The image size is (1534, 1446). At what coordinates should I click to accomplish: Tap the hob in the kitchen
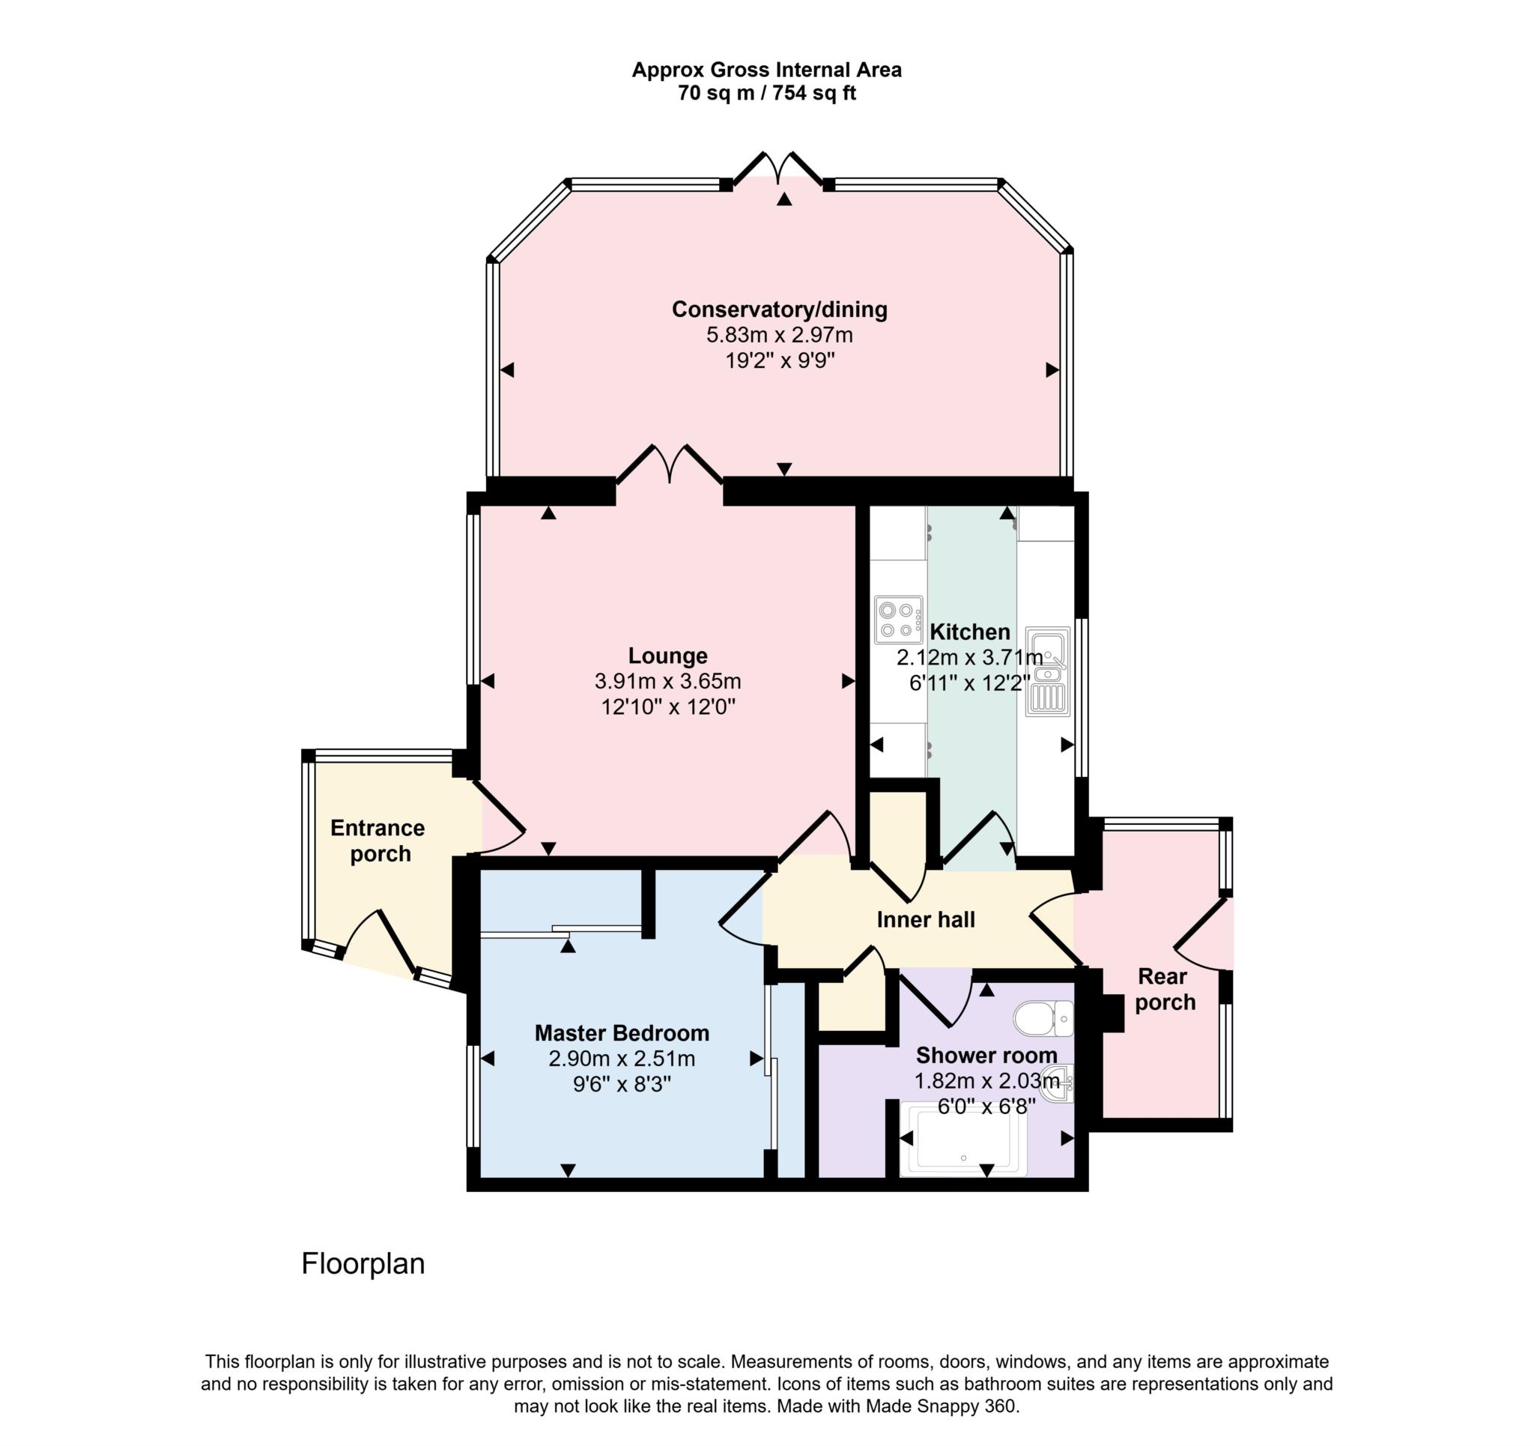[898, 619]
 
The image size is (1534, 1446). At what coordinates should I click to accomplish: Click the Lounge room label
[667, 656]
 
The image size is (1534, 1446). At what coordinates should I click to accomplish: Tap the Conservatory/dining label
[779, 309]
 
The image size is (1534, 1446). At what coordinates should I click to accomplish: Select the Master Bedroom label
[621, 1033]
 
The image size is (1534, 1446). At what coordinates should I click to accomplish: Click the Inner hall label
[925, 919]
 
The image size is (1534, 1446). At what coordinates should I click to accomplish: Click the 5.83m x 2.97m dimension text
[779, 335]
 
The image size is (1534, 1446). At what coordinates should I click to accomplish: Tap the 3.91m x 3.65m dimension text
[667, 681]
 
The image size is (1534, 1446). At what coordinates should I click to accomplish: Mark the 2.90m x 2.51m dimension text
[621, 1059]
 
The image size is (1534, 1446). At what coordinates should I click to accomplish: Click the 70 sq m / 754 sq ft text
[766, 94]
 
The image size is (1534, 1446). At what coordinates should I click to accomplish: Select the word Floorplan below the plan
[363, 1264]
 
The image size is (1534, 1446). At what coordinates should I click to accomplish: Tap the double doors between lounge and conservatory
[669, 465]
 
